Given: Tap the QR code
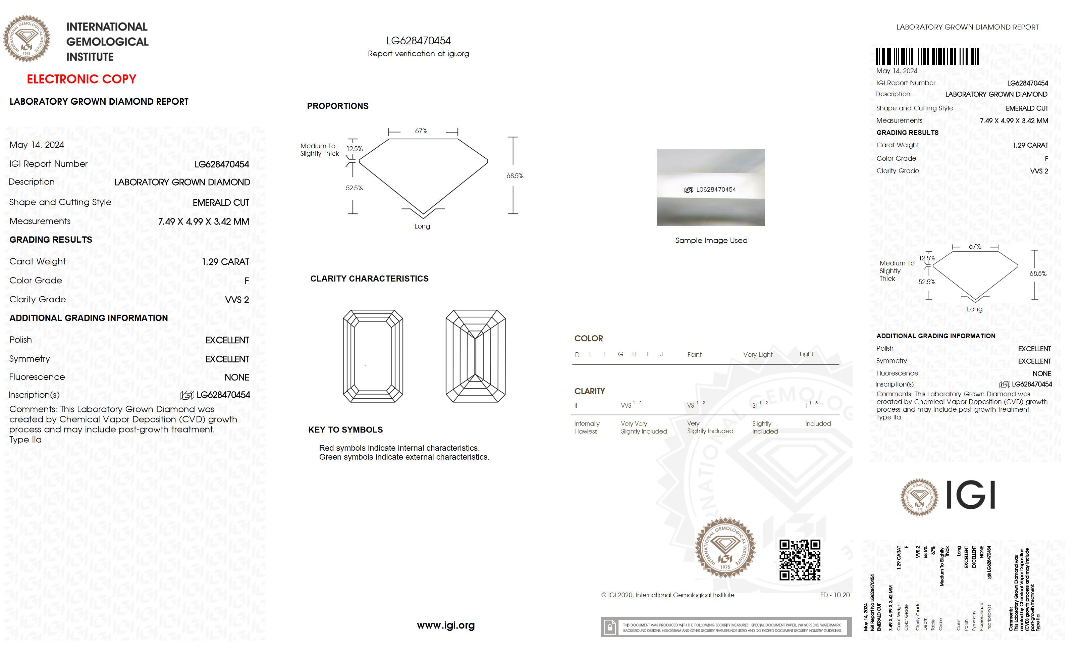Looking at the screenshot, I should (800, 560).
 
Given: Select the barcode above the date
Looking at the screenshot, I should (927, 57).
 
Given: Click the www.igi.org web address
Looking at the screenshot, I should (445, 625).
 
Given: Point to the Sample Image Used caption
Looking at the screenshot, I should (711, 240).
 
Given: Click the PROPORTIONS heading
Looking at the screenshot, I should (337, 106).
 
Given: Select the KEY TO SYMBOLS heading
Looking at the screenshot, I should (345, 430).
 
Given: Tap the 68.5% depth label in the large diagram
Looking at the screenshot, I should (515, 176).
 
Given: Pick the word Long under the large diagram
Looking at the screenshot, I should (422, 226).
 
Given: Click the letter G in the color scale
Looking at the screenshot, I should (620, 354).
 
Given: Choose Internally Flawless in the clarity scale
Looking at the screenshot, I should (587, 427).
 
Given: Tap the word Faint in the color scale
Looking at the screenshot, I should (694, 354).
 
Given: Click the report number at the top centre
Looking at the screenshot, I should (418, 41).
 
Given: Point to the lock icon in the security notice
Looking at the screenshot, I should (609, 627).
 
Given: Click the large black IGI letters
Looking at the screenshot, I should (970, 495).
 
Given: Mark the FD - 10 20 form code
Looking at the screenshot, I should (834, 595).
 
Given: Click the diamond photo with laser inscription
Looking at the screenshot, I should (710, 188).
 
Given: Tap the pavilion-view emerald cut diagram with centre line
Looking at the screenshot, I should (476, 356).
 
